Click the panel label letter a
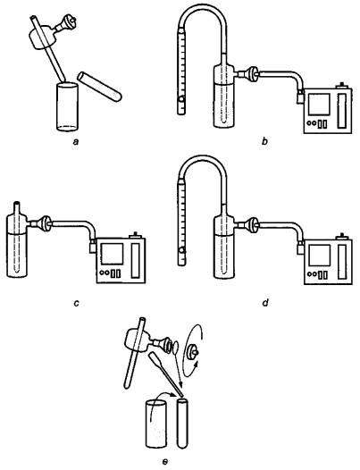pyautogui.click(x=76, y=141)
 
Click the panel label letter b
pyautogui.click(x=264, y=141)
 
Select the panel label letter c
pyautogui.click(x=76, y=303)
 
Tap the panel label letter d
pyautogui.click(x=264, y=302)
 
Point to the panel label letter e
pyautogui.click(x=164, y=462)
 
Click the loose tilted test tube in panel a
pyautogui.click(x=99, y=87)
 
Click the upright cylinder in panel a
pyautogui.click(x=67, y=106)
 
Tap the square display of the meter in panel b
pyautogui.click(x=319, y=104)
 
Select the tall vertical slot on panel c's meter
pyautogui.click(x=136, y=260)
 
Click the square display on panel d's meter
pyautogui.click(x=319, y=256)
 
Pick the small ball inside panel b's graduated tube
pyautogui.click(x=181, y=99)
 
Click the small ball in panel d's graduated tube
pyautogui.click(x=181, y=250)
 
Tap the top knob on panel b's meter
pyautogui.click(x=342, y=86)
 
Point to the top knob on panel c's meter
pyautogui.click(x=136, y=235)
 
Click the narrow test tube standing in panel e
pyautogui.click(x=182, y=423)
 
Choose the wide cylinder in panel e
pyautogui.click(x=155, y=424)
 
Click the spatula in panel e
pyautogui.click(x=165, y=373)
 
